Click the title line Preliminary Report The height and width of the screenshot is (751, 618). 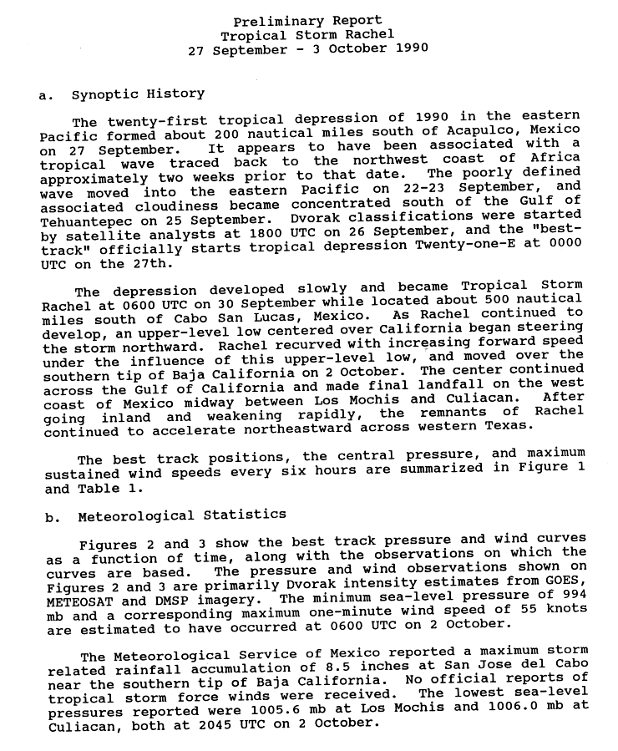pyautogui.click(x=307, y=21)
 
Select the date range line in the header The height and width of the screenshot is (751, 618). pyautogui.click(x=307, y=48)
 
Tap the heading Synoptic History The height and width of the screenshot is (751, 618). pyautogui.click(x=138, y=94)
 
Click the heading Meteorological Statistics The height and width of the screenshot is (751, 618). pyautogui.click(x=182, y=515)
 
